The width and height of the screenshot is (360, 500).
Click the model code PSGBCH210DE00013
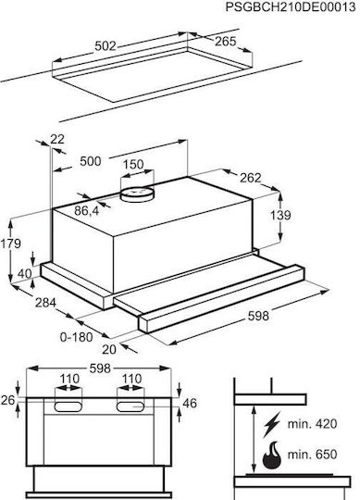tap(291, 7)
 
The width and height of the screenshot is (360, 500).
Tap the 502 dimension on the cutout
tap(106, 46)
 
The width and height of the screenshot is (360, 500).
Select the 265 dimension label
tap(225, 42)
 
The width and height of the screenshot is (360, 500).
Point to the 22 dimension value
tap(57, 139)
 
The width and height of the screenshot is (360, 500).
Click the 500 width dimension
tap(91, 161)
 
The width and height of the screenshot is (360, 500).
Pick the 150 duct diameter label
tap(133, 165)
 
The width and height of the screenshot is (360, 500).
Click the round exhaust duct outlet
tap(137, 194)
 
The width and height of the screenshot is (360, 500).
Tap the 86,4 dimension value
tap(87, 211)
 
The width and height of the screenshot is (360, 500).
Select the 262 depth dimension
tap(251, 178)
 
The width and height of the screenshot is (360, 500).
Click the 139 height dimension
tap(280, 215)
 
